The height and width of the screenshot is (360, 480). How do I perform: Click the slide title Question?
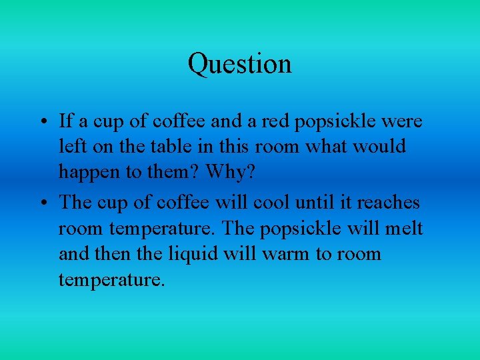(239, 64)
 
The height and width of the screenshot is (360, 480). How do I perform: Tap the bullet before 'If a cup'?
(42, 123)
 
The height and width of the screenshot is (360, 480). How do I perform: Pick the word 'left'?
(70, 146)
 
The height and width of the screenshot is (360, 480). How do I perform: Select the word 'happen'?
(89, 171)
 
